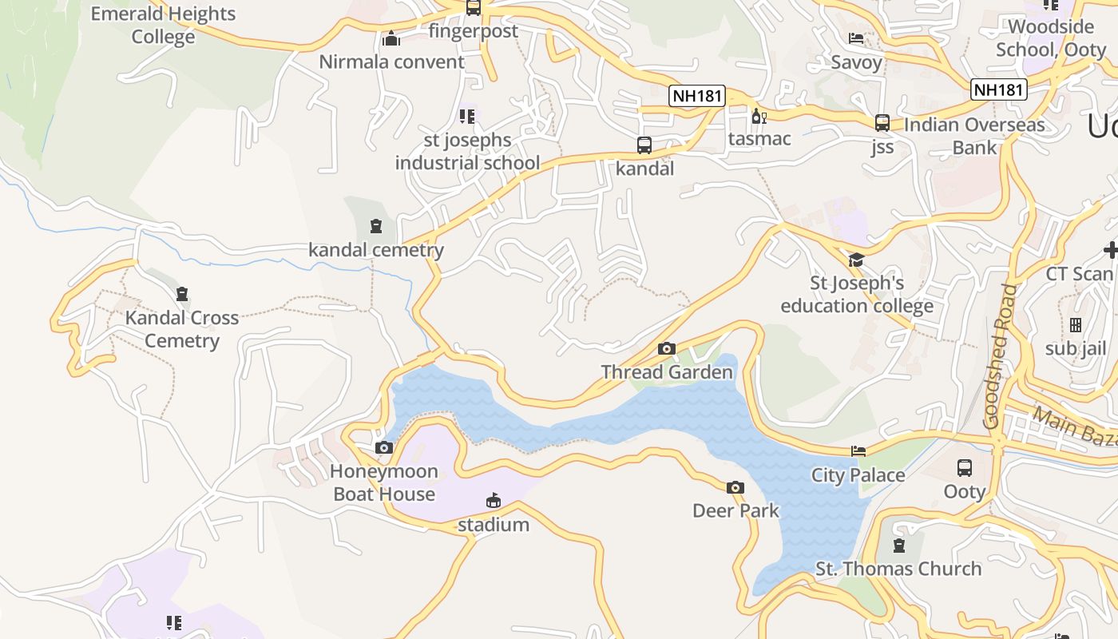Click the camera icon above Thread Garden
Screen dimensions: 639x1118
pyautogui.click(x=666, y=348)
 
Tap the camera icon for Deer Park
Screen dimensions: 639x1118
pyautogui.click(x=735, y=487)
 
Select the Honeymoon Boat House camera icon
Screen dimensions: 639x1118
pyautogui.click(x=384, y=448)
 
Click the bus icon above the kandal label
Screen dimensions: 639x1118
pyautogui.click(x=644, y=145)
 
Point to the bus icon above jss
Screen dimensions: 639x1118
pyautogui.click(x=882, y=123)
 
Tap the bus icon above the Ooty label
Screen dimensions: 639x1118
pyautogui.click(x=964, y=468)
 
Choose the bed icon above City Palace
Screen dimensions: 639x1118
pyautogui.click(x=858, y=451)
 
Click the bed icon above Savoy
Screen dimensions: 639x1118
pyautogui.click(x=856, y=38)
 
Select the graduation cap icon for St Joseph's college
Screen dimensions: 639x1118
pyautogui.click(x=856, y=260)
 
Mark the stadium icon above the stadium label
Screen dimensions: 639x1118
pyautogui.click(x=494, y=501)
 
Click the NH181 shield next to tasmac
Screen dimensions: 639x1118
pyautogui.click(x=697, y=97)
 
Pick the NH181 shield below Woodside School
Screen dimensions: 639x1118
pyautogui.click(x=998, y=89)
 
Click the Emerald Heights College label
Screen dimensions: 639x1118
pyautogui.click(x=163, y=26)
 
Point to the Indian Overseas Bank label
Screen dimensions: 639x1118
pyautogui.click(x=974, y=137)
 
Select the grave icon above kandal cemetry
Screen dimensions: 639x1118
pyautogui.click(x=376, y=226)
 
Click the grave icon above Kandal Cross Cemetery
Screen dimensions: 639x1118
pyautogui.click(x=182, y=294)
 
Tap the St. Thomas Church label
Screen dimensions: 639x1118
pyautogui.click(x=898, y=569)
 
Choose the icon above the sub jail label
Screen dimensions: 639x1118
pyautogui.click(x=1075, y=325)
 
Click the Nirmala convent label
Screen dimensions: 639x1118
pyautogui.click(x=391, y=62)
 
